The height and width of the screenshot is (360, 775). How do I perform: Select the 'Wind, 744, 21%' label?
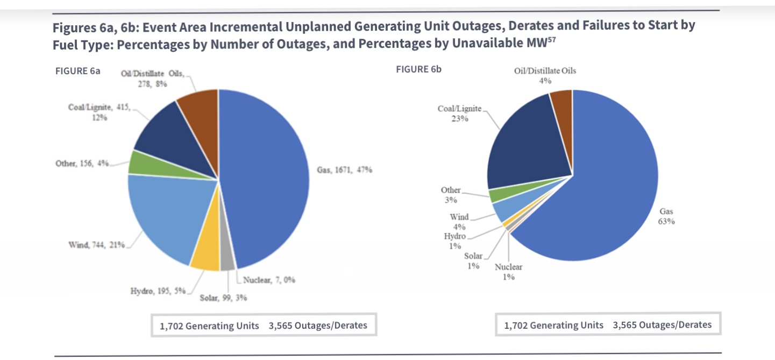pyautogui.click(x=96, y=245)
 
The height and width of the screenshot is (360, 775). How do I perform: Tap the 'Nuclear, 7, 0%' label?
pyautogui.click(x=269, y=280)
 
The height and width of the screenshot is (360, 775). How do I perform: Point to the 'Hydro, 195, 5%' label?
pyautogui.click(x=158, y=291)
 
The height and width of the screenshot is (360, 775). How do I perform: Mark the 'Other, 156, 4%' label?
pyautogui.click(x=82, y=163)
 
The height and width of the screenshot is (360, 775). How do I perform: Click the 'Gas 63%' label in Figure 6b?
pyautogui.click(x=666, y=216)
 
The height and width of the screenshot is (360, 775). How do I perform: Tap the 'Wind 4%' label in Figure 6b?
pyautogui.click(x=459, y=222)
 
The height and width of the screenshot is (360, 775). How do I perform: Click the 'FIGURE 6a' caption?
pyautogui.click(x=78, y=72)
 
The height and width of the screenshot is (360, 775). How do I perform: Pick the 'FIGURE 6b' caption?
pyautogui.click(x=418, y=69)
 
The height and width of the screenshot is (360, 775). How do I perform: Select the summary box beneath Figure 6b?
pyautogui.click(x=608, y=325)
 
